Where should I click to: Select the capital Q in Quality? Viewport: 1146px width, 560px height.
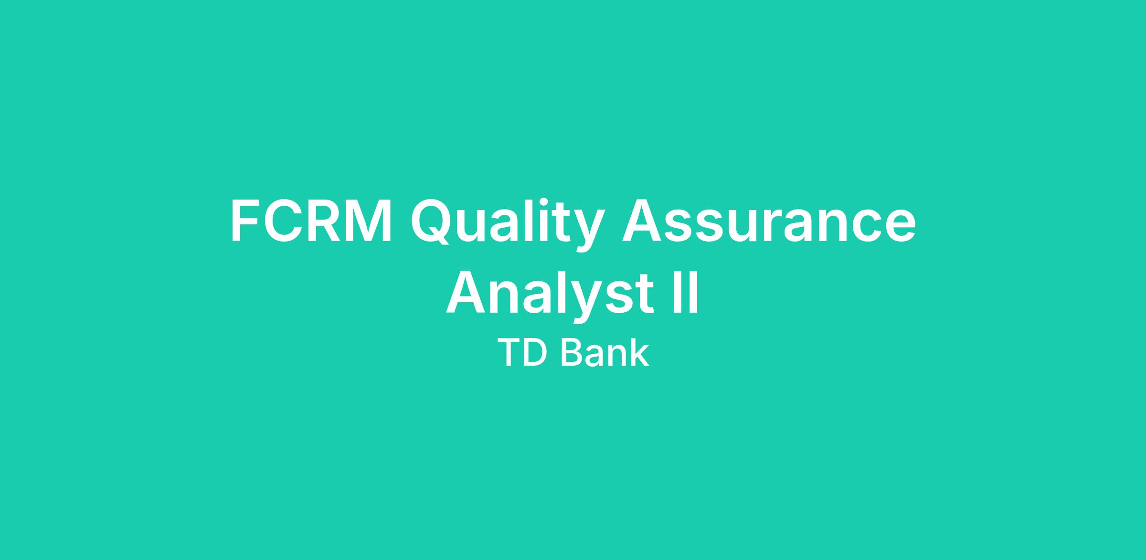(432, 222)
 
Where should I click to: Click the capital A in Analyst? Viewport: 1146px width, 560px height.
(467, 291)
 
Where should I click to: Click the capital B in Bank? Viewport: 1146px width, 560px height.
(571, 353)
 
